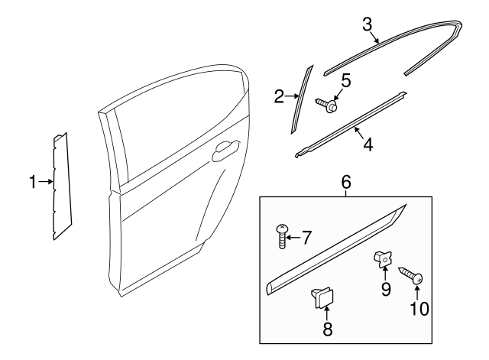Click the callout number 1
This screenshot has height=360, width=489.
(x=32, y=182)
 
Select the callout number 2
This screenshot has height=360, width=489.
(x=280, y=96)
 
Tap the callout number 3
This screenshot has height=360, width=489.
(x=368, y=24)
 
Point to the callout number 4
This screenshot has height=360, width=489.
(x=368, y=143)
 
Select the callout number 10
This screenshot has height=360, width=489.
(x=419, y=309)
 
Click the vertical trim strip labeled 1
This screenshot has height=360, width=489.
(x=60, y=186)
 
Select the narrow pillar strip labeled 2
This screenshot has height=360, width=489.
(x=301, y=97)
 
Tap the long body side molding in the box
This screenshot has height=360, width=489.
(x=336, y=251)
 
